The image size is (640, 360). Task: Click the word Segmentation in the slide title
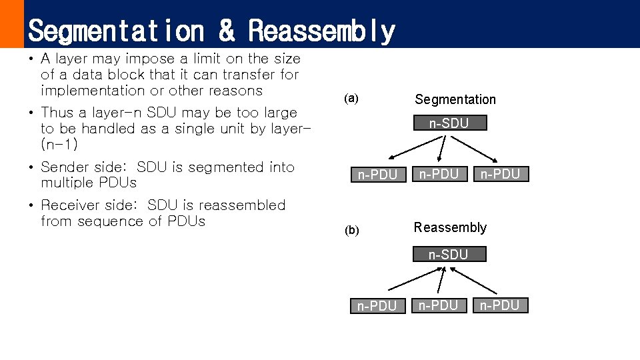pos(117,31)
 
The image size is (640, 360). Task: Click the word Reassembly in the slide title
pos(322,31)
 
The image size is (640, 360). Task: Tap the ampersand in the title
pos(227,31)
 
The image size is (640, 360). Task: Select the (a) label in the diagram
pos(351,99)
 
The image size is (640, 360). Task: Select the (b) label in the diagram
pos(351,231)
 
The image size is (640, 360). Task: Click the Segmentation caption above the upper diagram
pos(455,99)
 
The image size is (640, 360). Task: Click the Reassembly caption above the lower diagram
pos(450,227)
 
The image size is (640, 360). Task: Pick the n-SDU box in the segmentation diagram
pos(449,123)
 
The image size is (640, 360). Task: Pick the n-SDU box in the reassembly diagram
pos(448,254)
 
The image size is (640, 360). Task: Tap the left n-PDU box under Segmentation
pos(378,175)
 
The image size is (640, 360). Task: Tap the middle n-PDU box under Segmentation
pos(439,174)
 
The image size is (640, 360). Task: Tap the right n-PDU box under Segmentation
pos(500,174)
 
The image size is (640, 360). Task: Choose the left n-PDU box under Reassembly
pos(377,306)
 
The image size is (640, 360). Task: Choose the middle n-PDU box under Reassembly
pos(438,305)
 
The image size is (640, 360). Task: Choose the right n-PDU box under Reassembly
pos(500,305)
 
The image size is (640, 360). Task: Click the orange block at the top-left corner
pos(11,23)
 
